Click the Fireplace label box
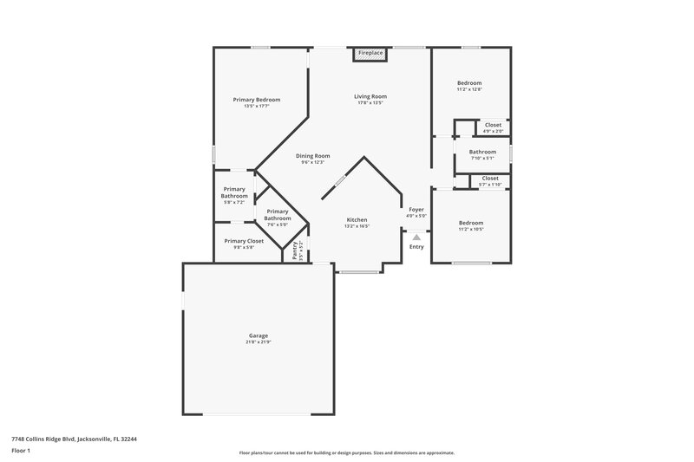(x=370, y=54)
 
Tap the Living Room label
(x=370, y=96)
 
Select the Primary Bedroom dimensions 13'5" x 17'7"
(x=257, y=107)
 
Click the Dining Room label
(x=312, y=156)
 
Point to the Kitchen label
(x=357, y=220)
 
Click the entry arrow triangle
(x=416, y=236)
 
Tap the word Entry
(x=416, y=247)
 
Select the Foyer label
(x=416, y=210)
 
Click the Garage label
(x=259, y=335)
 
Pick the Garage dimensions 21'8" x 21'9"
(x=259, y=342)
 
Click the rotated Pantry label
(x=295, y=251)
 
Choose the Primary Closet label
(x=244, y=241)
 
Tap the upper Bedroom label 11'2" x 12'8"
(x=469, y=83)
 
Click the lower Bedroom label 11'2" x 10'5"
(x=470, y=223)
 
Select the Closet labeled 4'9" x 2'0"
(x=493, y=125)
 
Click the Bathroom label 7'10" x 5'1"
(x=482, y=152)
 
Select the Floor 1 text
(x=21, y=452)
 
